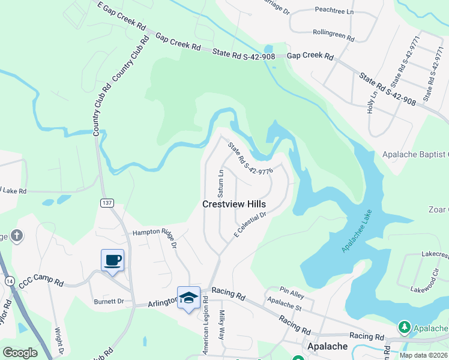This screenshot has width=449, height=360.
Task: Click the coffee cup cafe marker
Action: click(112, 260)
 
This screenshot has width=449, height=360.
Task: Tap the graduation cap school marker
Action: click(188, 297)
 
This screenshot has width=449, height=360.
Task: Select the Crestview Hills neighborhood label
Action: click(234, 204)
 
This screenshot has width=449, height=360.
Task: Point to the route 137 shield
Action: click(107, 203)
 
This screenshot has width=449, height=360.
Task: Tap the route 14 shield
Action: click(9, 280)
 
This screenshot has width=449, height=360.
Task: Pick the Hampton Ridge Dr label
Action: click(155, 236)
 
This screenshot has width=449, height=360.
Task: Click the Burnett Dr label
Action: click(108, 301)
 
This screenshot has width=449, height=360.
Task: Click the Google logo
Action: click(20, 352)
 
